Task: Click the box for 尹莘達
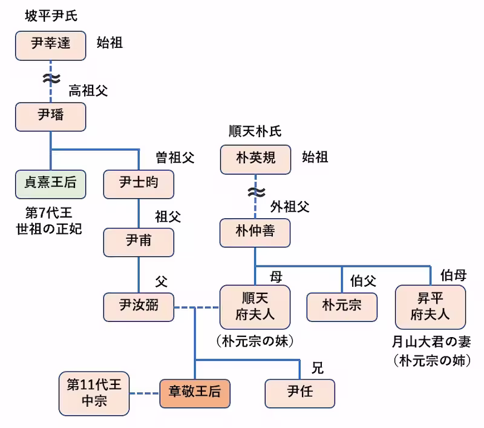(51, 45)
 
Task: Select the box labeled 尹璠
(51, 116)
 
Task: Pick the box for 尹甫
(139, 242)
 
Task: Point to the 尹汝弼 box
(139, 307)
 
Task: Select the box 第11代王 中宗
(94, 393)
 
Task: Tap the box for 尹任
(300, 393)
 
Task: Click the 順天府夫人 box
(255, 307)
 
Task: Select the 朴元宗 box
(342, 307)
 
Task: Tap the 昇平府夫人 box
(430, 307)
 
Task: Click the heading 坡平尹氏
(51, 16)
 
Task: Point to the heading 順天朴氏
(255, 132)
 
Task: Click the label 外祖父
(290, 207)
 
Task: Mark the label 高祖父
(88, 91)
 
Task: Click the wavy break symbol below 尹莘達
(51, 79)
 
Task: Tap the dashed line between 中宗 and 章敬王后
(144, 393)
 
